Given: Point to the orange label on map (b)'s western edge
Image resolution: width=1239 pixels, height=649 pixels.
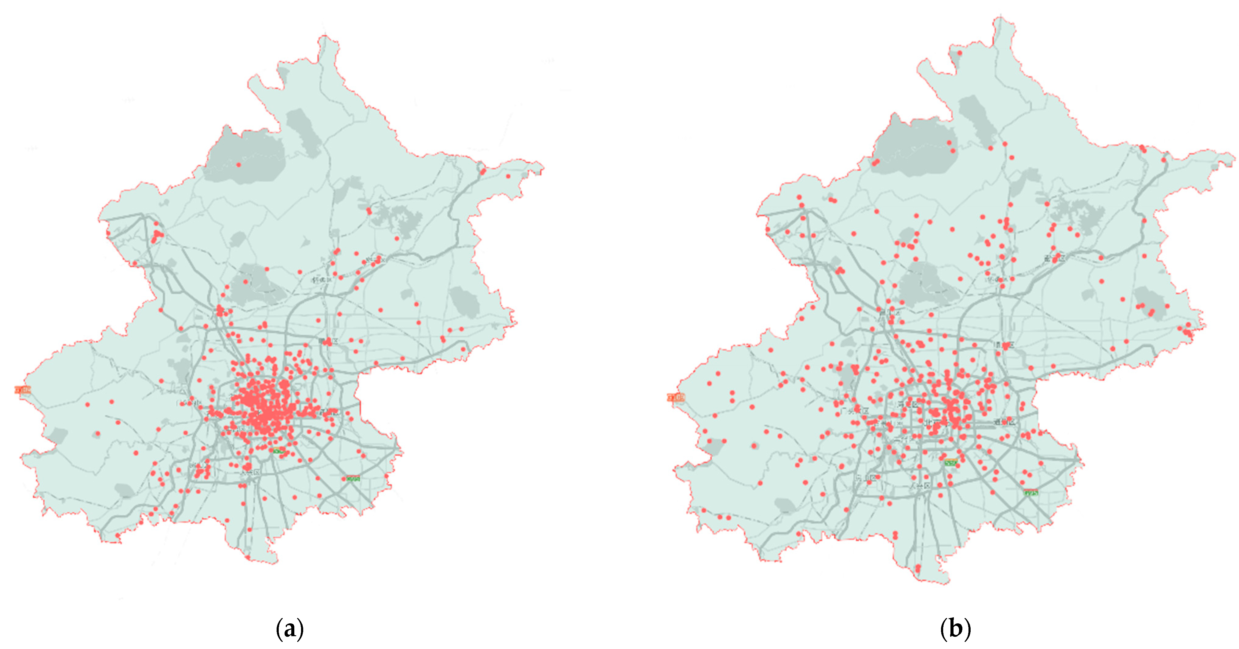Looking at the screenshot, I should [676, 397].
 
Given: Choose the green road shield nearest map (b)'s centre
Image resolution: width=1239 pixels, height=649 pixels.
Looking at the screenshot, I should [951, 463].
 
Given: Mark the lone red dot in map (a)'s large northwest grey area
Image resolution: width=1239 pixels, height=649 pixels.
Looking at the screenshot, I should [238, 165].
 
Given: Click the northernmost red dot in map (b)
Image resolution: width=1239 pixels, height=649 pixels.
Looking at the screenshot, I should [959, 53].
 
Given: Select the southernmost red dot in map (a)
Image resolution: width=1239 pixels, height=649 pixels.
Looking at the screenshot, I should [248, 558].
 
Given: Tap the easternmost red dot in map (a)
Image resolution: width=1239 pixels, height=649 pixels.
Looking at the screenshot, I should [508, 176].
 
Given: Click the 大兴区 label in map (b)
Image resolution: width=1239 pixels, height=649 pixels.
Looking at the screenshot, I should [920, 486].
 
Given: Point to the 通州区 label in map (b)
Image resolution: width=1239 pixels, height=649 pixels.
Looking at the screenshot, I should [1005, 422].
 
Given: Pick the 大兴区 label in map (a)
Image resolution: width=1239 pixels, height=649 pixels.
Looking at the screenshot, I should [250, 473].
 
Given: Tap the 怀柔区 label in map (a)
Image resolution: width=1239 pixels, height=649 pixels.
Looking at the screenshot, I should [322, 279].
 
